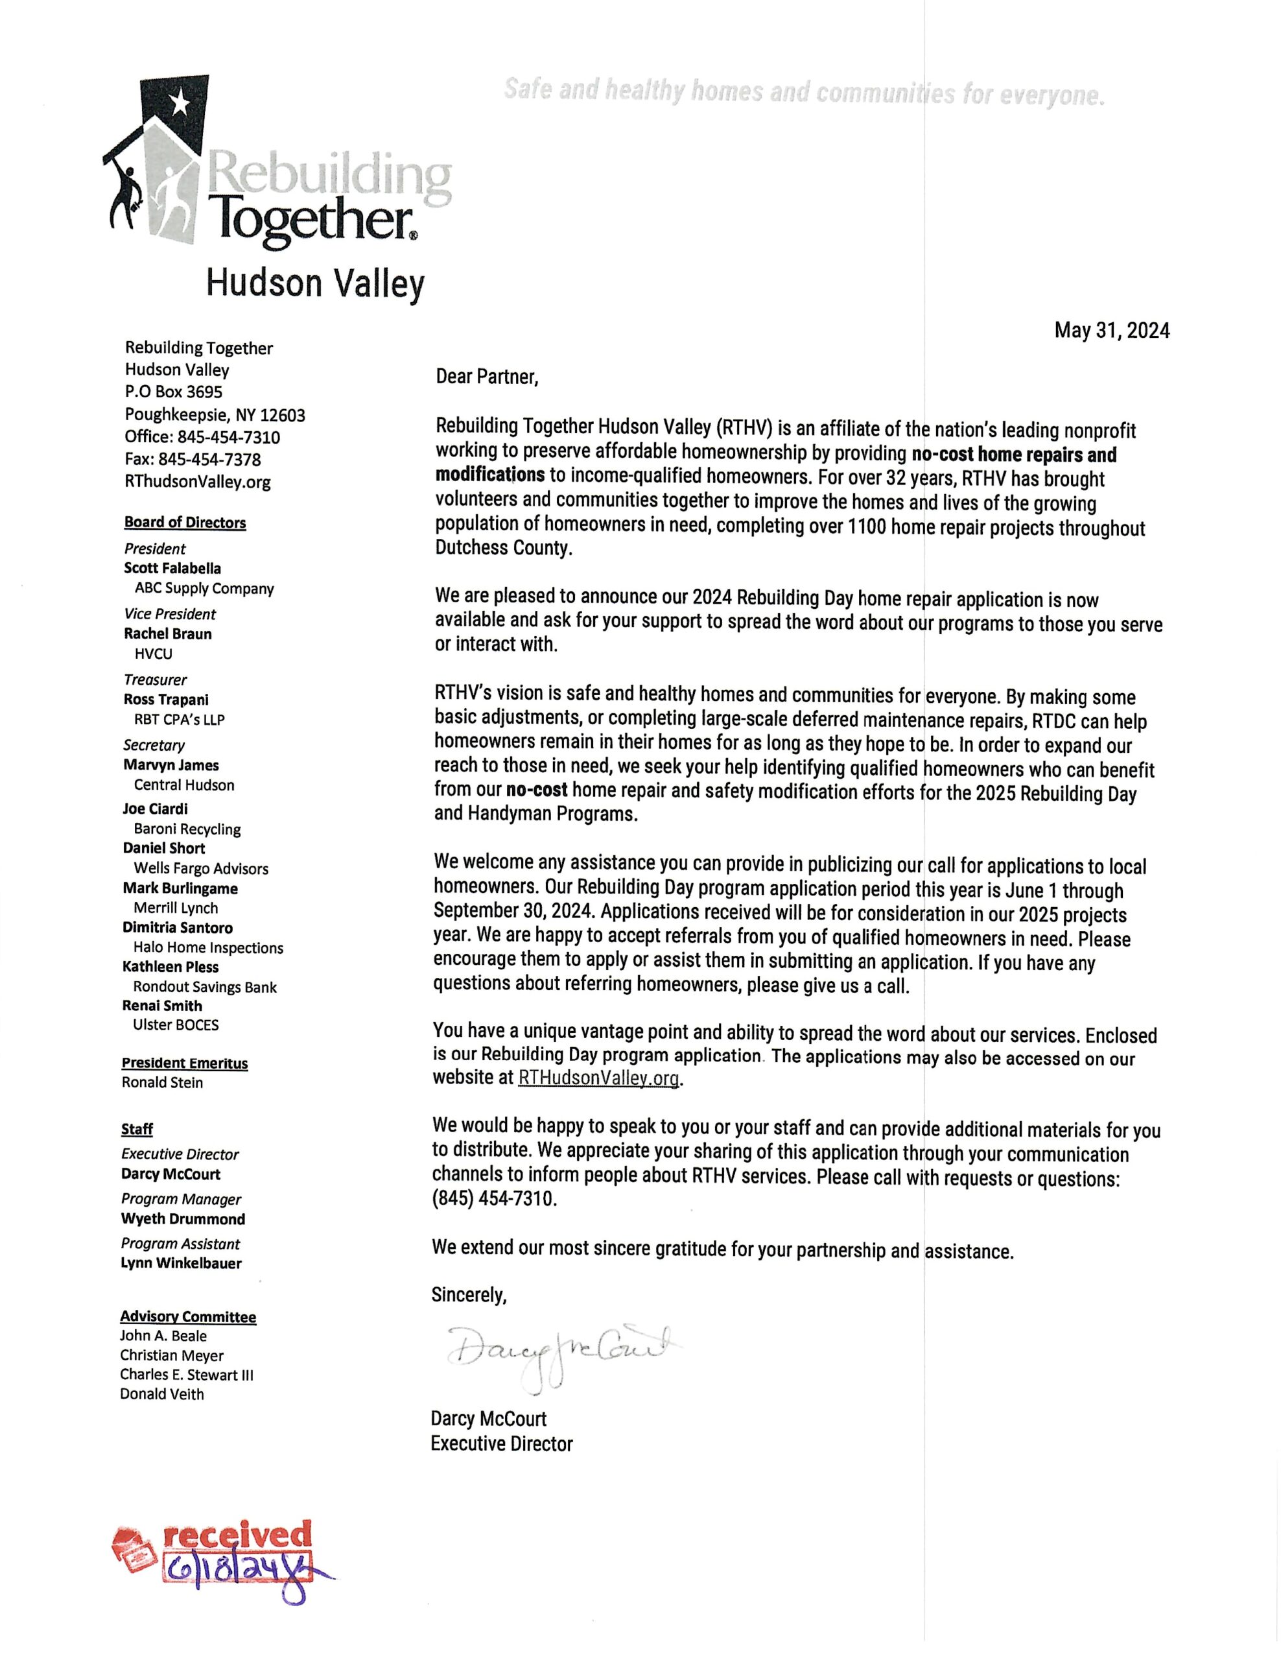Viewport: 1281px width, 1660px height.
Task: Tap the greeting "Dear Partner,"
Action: (487, 377)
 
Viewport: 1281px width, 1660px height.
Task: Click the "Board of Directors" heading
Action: (185, 522)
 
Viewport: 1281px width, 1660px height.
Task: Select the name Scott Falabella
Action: (172, 568)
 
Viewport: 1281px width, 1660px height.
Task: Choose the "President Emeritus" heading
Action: (185, 1063)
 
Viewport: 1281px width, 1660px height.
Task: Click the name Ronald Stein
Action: (162, 1082)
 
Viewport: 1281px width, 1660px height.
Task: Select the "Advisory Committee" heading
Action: (187, 1316)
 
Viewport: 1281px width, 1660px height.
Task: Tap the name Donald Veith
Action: (162, 1394)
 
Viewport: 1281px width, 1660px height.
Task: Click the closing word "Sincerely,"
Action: (469, 1294)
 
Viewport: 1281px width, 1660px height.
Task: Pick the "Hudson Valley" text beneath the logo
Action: (314, 283)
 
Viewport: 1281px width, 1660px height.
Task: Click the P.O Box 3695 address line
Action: (174, 392)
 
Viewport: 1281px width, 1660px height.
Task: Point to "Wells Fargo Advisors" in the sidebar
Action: (200, 868)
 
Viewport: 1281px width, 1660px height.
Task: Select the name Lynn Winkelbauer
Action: (181, 1263)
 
